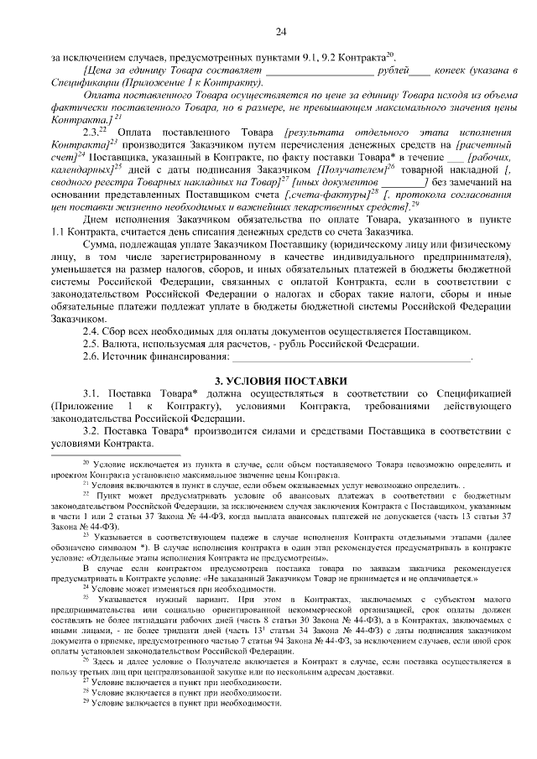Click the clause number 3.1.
(92, 393)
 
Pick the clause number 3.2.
(92, 431)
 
